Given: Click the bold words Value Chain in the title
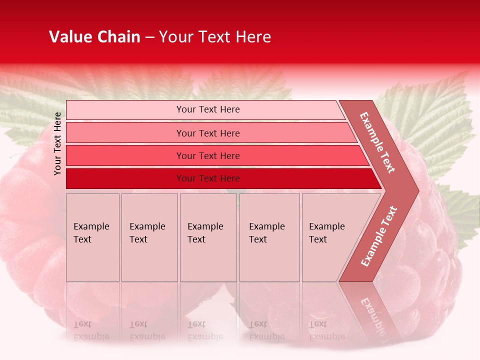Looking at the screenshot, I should [x=94, y=37].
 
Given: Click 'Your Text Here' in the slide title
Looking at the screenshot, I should [x=215, y=37].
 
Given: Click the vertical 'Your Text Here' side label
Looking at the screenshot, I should [x=57, y=143].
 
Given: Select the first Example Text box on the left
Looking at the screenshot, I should [x=92, y=237].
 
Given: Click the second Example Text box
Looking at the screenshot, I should [x=149, y=237].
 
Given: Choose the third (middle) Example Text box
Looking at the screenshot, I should [x=208, y=237].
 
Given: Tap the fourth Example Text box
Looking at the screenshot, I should [x=269, y=237].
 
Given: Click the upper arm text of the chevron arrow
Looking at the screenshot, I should [x=377, y=142].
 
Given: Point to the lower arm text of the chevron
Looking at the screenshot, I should [x=379, y=236].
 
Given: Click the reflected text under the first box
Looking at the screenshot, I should [x=91, y=330].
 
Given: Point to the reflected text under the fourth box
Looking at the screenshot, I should [x=266, y=330].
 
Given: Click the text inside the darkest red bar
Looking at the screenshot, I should [x=208, y=178].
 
